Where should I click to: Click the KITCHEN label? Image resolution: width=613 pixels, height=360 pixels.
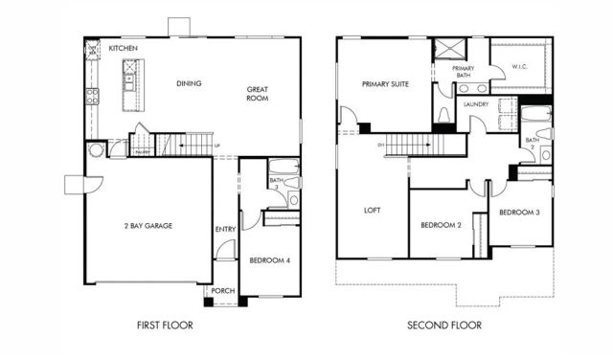pos(124,48)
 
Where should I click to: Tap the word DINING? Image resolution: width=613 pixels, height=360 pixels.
pos(189,83)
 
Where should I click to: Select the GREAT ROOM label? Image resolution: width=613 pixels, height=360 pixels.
pos(257,93)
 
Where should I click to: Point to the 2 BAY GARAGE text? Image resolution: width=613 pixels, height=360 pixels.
pos(148,225)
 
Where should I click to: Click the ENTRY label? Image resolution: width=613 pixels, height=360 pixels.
pos(225,229)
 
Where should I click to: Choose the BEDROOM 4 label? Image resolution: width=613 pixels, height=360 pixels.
pos(269,260)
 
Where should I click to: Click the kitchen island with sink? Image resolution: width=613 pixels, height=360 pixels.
pos(129,80)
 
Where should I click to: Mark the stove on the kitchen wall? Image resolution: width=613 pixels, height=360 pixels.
pos(92,96)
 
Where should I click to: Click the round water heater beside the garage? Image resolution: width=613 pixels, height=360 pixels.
pos(96,150)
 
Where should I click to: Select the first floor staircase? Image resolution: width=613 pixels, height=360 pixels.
pos(187,145)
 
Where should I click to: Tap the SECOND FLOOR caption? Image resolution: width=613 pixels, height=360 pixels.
pos(444,326)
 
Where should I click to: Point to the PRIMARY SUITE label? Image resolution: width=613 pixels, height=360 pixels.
pos(385,84)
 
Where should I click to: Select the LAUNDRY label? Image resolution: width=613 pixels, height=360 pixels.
pos(476,103)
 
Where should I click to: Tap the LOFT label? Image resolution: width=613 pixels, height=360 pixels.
pos(373,211)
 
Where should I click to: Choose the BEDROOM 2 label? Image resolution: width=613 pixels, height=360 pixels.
pos(442,226)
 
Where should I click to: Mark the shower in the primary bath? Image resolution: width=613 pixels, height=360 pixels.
pos(447,49)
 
